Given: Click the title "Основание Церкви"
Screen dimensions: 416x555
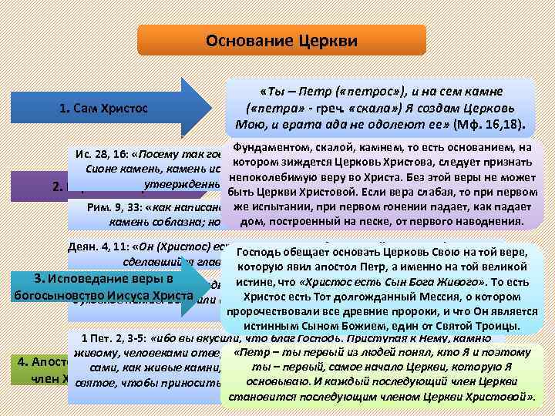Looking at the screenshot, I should click(x=281, y=39).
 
